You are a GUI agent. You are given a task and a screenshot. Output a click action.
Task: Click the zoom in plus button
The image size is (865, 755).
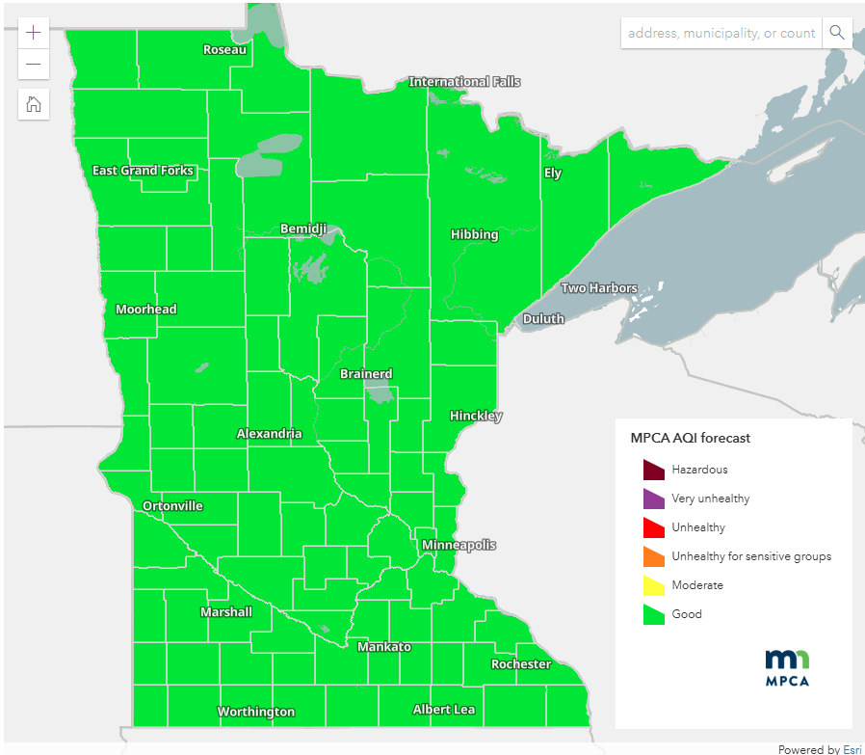point(34,32)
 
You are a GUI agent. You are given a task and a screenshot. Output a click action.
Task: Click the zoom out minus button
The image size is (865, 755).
point(34,65)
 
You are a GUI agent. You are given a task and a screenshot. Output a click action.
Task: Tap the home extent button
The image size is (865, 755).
point(34,104)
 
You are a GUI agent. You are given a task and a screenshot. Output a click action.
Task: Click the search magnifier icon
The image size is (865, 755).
point(837,33)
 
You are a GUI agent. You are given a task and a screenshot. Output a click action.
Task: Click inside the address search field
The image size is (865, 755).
point(721,33)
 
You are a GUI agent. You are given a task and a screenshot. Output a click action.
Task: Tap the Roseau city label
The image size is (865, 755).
point(224,49)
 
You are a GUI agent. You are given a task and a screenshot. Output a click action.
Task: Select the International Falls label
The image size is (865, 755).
point(464,82)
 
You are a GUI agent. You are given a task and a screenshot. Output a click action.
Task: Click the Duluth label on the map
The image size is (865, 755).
point(543,318)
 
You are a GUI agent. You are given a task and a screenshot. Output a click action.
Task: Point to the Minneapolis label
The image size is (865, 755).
point(459,545)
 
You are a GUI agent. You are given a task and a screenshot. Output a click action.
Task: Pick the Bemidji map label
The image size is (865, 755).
point(303,229)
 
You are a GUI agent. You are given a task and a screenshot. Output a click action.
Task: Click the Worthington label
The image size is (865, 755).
point(256,712)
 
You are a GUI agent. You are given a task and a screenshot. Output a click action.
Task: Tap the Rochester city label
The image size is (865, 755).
point(521,664)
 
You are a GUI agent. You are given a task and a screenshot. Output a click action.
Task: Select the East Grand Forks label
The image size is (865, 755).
point(143,171)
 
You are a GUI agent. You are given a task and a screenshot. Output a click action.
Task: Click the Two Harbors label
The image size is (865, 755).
point(599,288)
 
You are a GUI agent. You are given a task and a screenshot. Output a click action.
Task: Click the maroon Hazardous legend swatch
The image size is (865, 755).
point(654,470)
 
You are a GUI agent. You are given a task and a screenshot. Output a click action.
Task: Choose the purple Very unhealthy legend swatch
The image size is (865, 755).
point(654,499)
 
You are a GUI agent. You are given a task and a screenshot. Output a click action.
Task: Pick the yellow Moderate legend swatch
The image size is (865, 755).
point(654,585)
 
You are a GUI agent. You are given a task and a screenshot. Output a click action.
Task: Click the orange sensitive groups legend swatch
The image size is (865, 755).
point(654,556)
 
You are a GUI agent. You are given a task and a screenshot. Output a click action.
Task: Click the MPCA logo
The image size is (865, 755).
point(787,667)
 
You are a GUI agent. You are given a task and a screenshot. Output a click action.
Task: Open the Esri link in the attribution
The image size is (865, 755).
point(852,749)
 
